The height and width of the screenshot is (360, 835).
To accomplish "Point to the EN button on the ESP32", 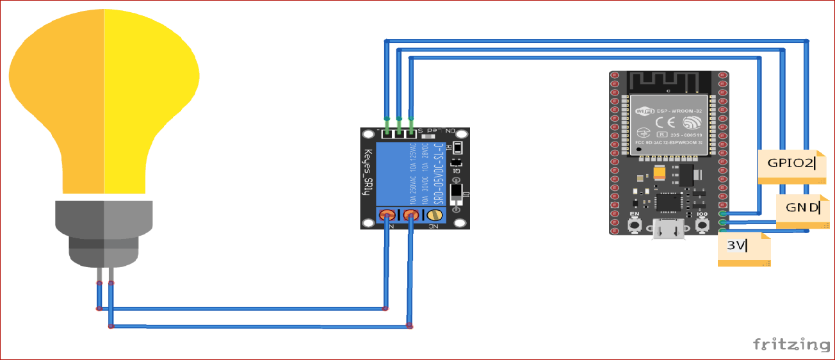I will pyautogui.click(x=635, y=225).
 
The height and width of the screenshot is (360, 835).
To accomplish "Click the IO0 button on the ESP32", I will pyautogui.click(x=702, y=225).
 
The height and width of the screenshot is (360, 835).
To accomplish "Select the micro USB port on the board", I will pyautogui.click(x=668, y=230).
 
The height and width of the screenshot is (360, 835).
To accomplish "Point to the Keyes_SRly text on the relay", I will pyautogui.click(x=368, y=176).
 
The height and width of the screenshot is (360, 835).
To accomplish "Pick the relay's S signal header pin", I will pyautogui.click(x=410, y=133).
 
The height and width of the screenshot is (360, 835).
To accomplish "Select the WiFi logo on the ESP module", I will pyautogui.click(x=643, y=111).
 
